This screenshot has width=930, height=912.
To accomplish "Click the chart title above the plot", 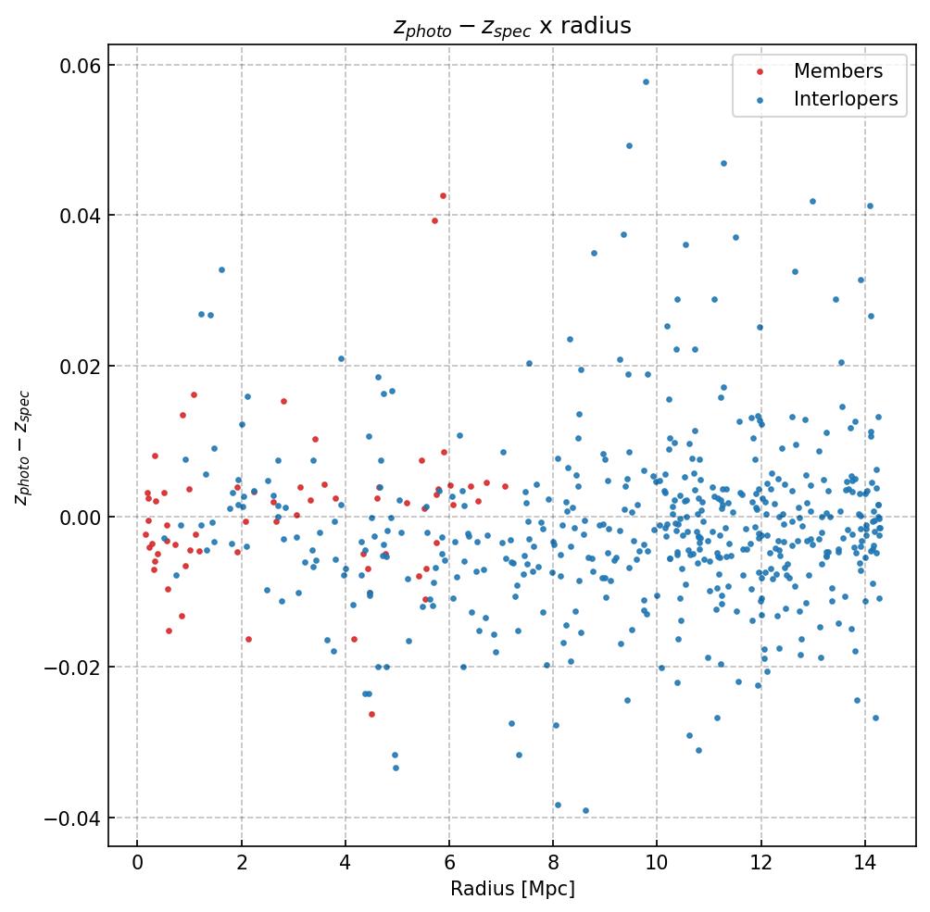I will pyautogui.click(x=512, y=26).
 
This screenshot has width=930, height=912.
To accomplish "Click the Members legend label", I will pyautogui.click(x=837, y=71).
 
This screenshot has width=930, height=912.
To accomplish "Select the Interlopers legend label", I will pyautogui.click(x=845, y=100).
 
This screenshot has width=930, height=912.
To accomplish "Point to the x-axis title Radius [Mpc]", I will pyautogui.click(x=512, y=889).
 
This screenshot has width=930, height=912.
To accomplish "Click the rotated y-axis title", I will pyautogui.click(x=22, y=447).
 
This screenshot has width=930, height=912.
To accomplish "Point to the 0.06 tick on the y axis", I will pyautogui.click(x=82, y=65).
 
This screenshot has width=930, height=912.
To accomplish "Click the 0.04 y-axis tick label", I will pyautogui.click(x=82, y=216).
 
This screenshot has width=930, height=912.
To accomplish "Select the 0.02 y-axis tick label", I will pyautogui.click(x=82, y=366).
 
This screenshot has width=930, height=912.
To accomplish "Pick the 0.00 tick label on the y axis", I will pyautogui.click(x=82, y=517).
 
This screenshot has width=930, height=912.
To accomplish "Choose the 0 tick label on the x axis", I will pyautogui.click(x=137, y=863).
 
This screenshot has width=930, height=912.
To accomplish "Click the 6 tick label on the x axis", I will pyautogui.click(x=449, y=863).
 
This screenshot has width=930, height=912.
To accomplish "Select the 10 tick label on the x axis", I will pyautogui.click(x=657, y=863).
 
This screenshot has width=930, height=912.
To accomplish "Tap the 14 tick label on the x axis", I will pyautogui.click(x=865, y=863).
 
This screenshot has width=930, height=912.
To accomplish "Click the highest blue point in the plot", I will pyautogui.click(x=646, y=81).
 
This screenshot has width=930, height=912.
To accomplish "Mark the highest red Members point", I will pyautogui.click(x=443, y=195).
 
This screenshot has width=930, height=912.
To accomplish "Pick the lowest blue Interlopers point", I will pyautogui.click(x=585, y=810).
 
